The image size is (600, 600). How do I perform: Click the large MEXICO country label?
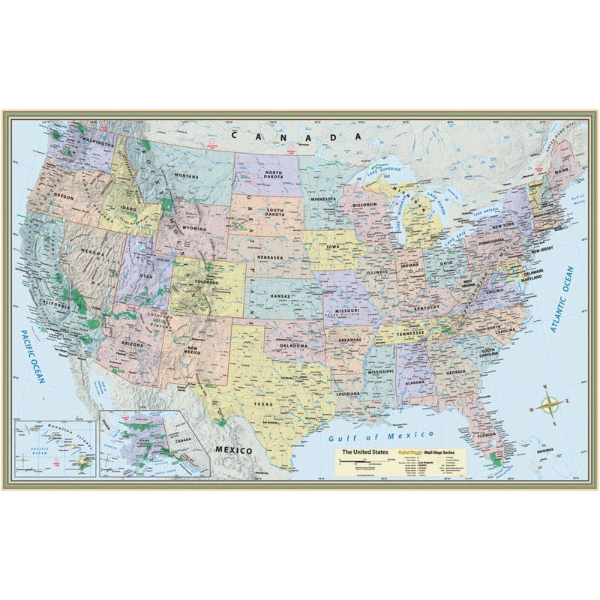click(233, 448)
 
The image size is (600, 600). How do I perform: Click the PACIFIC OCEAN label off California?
click(34, 356)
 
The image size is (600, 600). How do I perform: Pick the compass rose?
click(550, 406)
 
